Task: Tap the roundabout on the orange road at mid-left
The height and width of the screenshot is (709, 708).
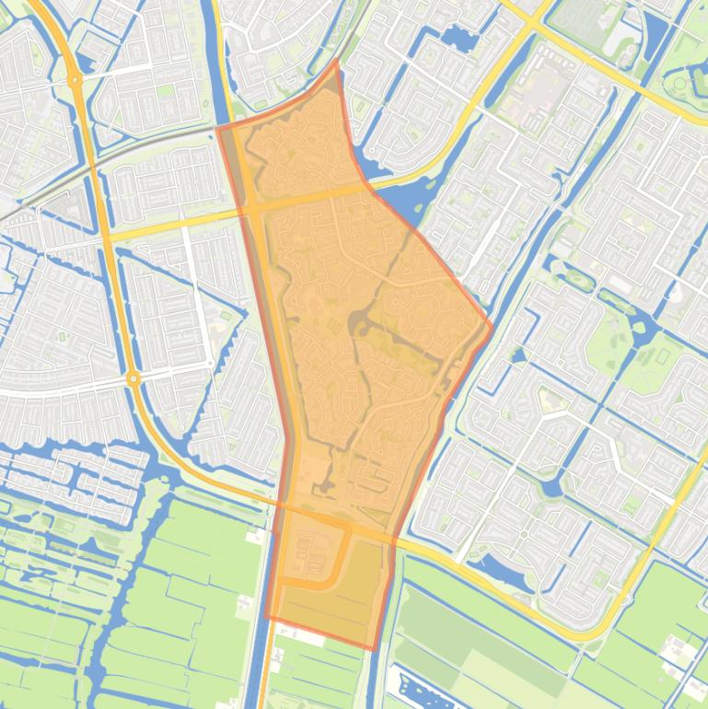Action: [x=134, y=378]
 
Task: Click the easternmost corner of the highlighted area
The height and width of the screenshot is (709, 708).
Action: [x=491, y=325]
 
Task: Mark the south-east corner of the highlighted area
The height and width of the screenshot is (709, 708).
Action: [x=372, y=648]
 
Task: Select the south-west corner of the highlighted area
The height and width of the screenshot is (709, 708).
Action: [x=266, y=618]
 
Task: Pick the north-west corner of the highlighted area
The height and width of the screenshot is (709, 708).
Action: [x=219, y=129]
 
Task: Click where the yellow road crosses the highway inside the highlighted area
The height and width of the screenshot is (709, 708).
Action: [x=253, y=207]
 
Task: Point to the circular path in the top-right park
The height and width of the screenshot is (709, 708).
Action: [x=680, y=83]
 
